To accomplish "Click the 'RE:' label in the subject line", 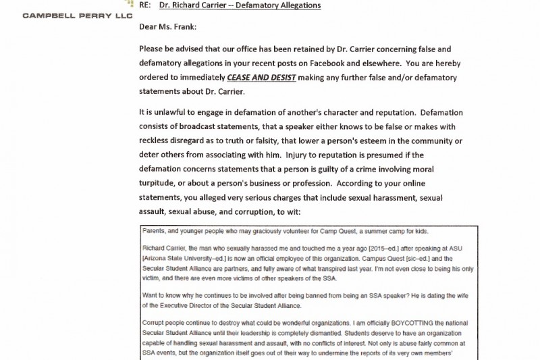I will [146, 5].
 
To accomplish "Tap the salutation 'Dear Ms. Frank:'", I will [169, 28].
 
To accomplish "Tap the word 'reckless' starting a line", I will [157, 140].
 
